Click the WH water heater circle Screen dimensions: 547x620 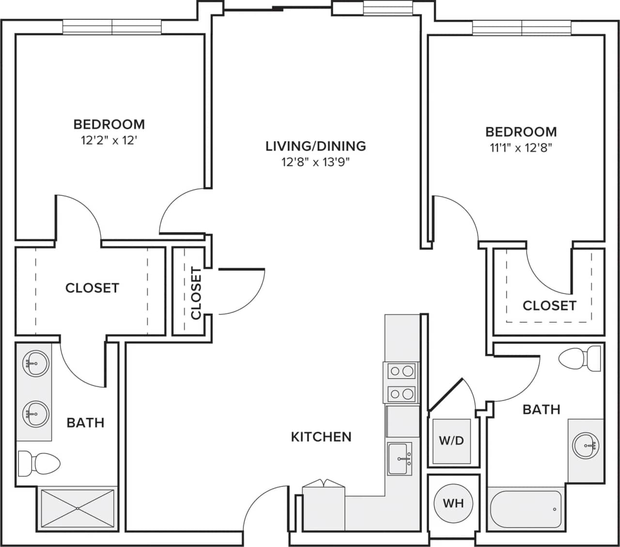[453, 503]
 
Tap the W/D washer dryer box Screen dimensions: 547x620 [451, 441]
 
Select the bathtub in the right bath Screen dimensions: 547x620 [526, 509]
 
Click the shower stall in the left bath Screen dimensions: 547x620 [78, 508]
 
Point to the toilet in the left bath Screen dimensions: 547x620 [39, 464]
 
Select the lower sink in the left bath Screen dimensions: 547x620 [35, 414]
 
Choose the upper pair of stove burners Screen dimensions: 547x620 [401, 371]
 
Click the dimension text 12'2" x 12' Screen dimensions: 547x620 [109, 141]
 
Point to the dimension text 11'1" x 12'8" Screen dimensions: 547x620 [521, 148]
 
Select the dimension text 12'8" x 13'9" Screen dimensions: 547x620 [316, 162]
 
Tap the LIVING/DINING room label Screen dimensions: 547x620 [316, 146]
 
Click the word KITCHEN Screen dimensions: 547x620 [321, 437]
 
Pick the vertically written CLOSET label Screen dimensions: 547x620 [196, 293]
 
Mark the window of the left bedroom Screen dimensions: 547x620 [112, 27]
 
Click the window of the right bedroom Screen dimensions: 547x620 [522, 28]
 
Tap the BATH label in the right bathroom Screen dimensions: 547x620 [541, 410]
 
